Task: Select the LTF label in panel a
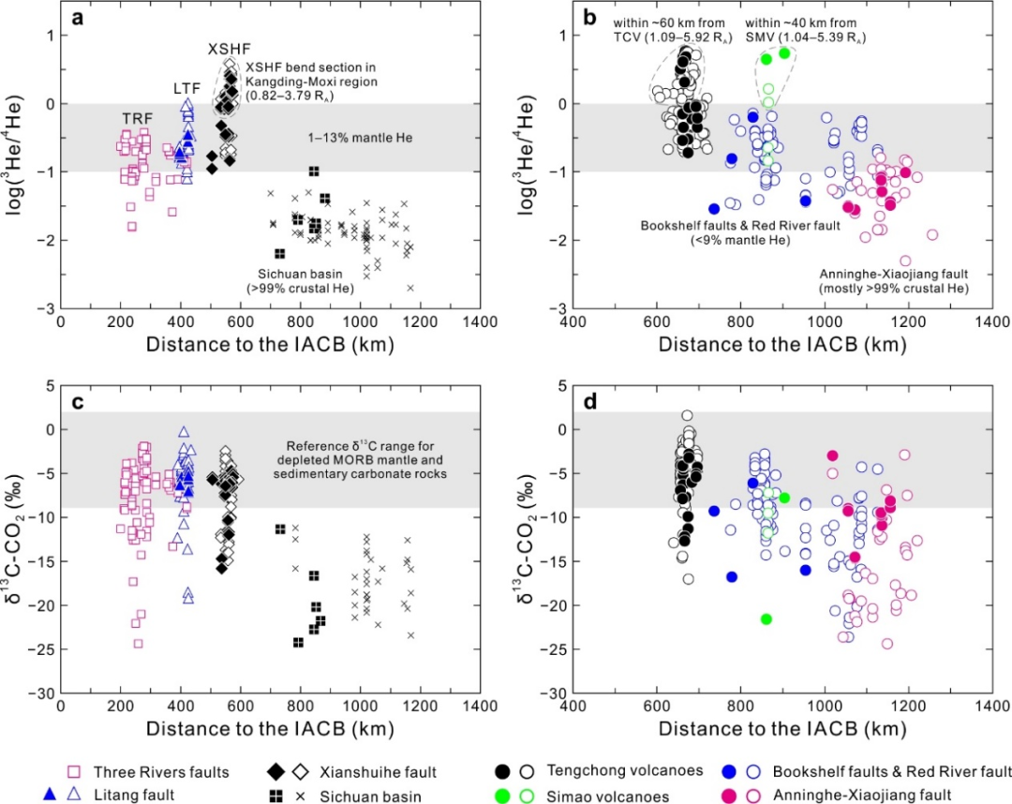point(186,88)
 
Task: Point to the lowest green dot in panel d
point(766,618)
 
